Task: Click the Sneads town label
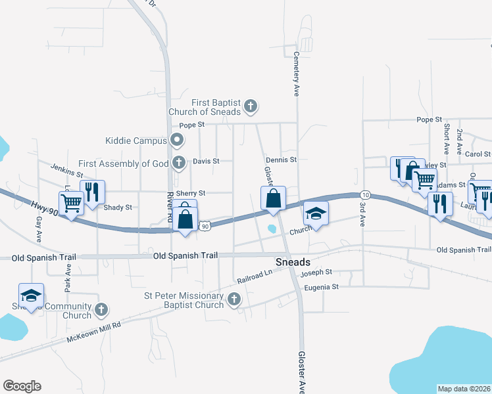[292, 261]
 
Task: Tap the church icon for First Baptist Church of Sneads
[250, 106]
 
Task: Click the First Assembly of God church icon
[178, 162]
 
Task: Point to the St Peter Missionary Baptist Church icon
[234, 300]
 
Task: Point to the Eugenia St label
[321, 287]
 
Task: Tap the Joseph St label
[316, 272]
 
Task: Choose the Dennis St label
[282, 160]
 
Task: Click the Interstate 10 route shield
[365, 195]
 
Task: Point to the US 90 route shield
[205, 226]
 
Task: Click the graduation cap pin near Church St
[316, 215]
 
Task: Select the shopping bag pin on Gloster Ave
[273, 198]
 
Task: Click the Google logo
[22, 386]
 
